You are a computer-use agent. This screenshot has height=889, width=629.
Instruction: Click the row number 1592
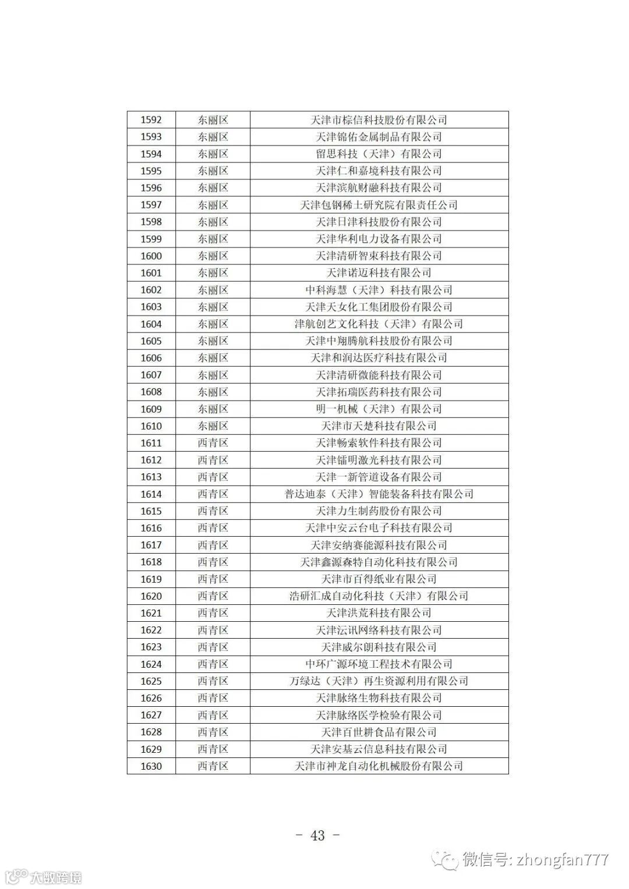[x=151, y=120]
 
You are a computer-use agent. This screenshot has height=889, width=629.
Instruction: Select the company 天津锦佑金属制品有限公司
[x=379, y=137]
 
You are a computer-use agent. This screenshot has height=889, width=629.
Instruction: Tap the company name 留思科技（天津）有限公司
[x=379, y=154]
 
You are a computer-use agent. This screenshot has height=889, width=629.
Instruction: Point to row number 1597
[x=151, y=205]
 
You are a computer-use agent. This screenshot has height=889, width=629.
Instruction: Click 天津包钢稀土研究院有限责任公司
[x=379, y=205]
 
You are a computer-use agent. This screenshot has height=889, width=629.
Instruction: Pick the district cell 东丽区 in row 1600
[x=213, y=256]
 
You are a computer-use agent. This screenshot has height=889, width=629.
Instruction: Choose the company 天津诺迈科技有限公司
[x=379, y=272]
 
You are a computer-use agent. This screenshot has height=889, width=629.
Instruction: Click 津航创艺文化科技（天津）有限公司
[x=379, y=324]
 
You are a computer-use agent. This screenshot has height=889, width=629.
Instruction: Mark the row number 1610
[x=151, y=426]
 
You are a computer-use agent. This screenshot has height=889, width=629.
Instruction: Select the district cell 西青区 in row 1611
[x=213, y=442]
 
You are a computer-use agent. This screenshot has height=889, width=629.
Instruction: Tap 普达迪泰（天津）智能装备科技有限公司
[x=379, y=494]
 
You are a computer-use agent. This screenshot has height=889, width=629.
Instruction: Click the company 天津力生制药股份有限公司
[x=379, y=511]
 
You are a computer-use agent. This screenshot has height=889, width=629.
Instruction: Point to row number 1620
[x=151, y=596]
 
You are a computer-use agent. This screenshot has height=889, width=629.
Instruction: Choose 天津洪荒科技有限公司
[x=379, y=612]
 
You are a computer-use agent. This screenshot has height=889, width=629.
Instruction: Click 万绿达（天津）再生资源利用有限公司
[x=379, y=681]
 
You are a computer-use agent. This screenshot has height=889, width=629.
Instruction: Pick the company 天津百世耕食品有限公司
[x=379, y=732]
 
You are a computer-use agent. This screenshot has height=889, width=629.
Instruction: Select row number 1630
[x=151, y=766]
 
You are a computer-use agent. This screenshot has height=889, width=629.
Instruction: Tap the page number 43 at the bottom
[x=317, y=835]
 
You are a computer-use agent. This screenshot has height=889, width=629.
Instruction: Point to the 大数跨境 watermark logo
[x=44, y=877]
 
